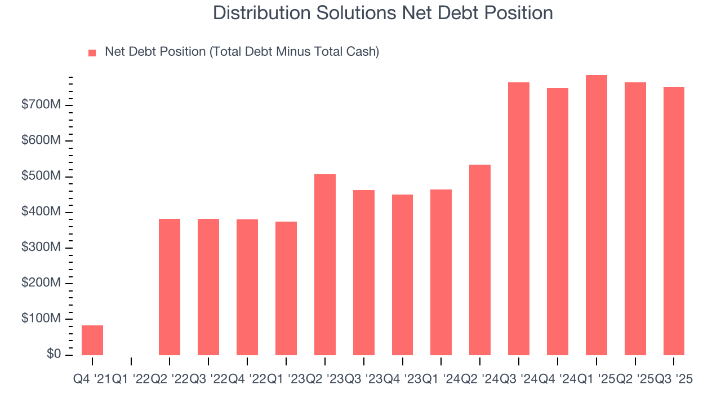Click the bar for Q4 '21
tap(92, 340)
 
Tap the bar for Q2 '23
tap(325, 264)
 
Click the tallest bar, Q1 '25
tap(597, 215)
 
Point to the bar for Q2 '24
tap(480, 260)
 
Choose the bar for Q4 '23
tap(402, 275)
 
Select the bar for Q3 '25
tap(674, 221)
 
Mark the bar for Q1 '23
tap(286, 288)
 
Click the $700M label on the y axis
tap(41, 105)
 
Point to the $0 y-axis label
tap(53, 354)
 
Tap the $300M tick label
tap(41, 248)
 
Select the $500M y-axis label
tap(41, 176)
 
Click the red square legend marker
tap(92, 52)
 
